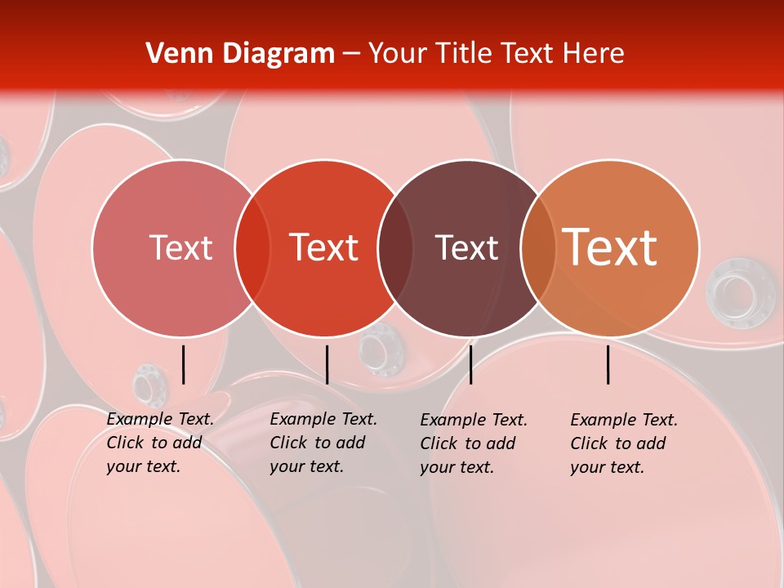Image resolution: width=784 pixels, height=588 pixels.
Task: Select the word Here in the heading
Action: tap(594, 54)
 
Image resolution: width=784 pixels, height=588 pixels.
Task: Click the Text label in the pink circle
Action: tap(180, 247)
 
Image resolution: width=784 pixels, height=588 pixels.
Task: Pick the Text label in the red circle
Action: tap(323, 247)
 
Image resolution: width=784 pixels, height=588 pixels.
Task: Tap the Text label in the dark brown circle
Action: tap(466, 247)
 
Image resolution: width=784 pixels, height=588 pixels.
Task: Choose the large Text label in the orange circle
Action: tap(609, 247)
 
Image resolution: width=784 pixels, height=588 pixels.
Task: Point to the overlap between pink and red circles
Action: tap(252, 248)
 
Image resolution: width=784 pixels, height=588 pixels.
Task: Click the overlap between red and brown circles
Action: tap(395, 248)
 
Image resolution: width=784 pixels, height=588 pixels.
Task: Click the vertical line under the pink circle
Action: tap(183, 364)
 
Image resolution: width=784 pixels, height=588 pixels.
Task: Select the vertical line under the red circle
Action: tap(327, 364)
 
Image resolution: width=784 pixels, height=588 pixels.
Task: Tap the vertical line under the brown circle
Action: tap(470, 364)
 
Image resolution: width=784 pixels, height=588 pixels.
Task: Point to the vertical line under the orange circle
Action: tap(608, 364)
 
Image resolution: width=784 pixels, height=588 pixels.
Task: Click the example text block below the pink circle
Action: tap(160, 443)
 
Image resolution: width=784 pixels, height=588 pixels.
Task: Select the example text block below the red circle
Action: tap(323, 443)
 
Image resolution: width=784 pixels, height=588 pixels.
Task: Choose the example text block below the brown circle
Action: tap(474, 443)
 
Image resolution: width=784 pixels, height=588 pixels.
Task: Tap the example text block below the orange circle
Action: tap(624, 443)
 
